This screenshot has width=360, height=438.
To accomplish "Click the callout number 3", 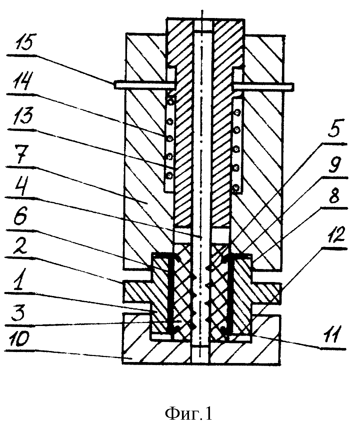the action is (x=19, y=313).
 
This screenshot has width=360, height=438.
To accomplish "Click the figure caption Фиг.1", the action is (x=189, y=408).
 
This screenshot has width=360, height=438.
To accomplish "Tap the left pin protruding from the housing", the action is (x=145, y=85).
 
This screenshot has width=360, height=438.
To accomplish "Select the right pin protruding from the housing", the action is (x=264, y=87).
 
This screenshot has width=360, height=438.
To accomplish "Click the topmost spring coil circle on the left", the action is (x=171, y=102).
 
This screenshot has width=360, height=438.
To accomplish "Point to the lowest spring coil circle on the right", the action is (x=236, y=188).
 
